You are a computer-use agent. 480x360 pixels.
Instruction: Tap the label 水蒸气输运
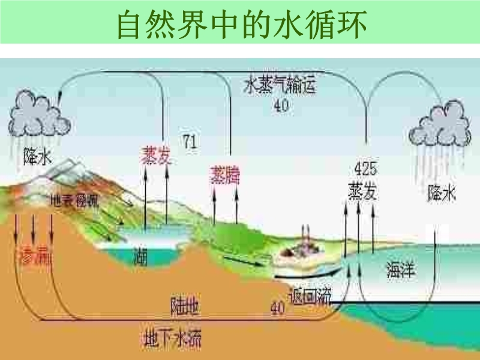click(280, 85)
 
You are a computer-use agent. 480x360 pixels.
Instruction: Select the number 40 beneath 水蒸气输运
click(281, 106)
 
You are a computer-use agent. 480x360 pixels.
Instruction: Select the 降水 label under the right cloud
click(442, 193)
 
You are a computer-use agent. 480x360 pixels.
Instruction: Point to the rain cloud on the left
click(37, 114)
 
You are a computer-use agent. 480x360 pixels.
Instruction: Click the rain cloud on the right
click(440, 125)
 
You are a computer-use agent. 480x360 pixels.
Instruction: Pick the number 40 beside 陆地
click(277, 309)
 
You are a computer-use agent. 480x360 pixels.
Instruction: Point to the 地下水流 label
click(172, 340)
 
